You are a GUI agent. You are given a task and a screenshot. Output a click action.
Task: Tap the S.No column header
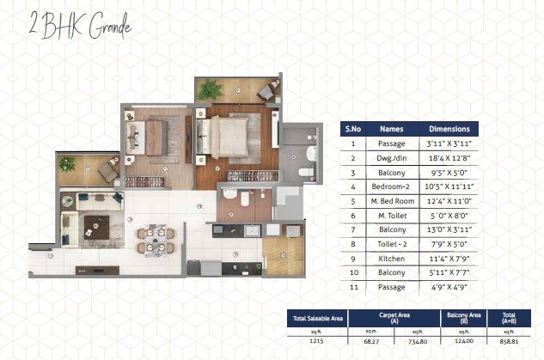pos(352,129)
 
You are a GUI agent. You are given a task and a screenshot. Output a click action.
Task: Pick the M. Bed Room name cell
pos(391,199)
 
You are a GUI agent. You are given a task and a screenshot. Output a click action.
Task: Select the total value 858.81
pos(509,340)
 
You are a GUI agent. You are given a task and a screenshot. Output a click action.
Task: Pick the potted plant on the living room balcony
pos(67,162)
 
